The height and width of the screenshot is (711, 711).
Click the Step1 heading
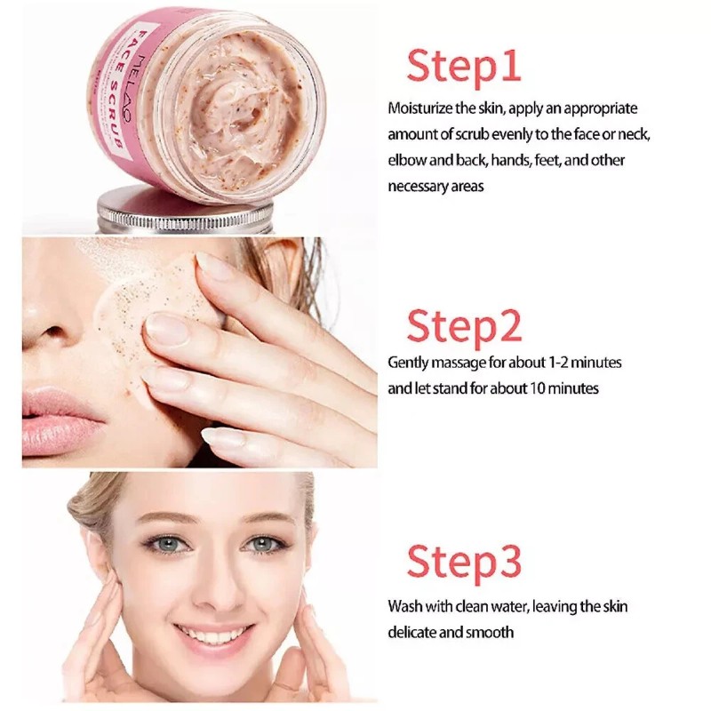tap(463, 66)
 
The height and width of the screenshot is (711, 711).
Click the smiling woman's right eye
tap(165, 544)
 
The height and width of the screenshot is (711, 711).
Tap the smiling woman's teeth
tap(213, 634)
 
